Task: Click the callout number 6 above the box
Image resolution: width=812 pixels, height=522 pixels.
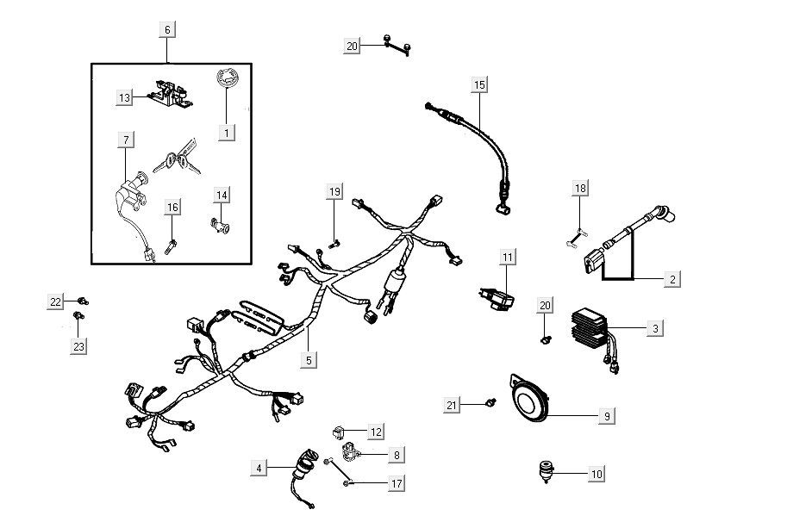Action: coord(167,29)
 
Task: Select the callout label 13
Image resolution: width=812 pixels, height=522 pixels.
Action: coord(125,98)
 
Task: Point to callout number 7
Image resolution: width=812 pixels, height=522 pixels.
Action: coord(126,140)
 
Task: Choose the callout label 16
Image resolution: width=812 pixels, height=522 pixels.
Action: coord(172,208)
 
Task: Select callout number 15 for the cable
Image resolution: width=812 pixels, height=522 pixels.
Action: coord(479,84)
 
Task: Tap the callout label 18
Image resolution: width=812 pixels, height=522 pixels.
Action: coord(580,189)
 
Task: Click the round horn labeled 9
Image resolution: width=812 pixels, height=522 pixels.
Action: coord(529,401)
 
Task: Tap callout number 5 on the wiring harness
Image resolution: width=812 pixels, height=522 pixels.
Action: coord(309,360)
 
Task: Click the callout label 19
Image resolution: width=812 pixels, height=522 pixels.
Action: coord(334,191)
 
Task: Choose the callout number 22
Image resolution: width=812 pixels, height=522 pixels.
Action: coord(55,301)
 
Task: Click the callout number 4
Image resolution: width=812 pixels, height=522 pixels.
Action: coord(258,468)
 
